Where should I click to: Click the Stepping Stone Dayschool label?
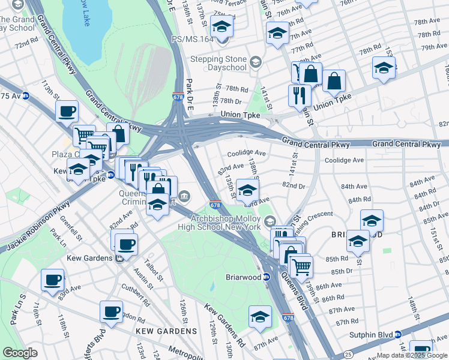point(218,63)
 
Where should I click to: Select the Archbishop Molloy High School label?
point(225,223)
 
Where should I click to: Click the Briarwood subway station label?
point(243,277)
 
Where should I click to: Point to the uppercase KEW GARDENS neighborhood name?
point(166,331)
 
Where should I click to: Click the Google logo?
point(20,353)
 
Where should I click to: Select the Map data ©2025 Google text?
point(411,355)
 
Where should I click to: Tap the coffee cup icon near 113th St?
point(67,111)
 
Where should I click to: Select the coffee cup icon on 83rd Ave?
point(52,280)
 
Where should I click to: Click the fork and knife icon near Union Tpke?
point(299,95)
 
